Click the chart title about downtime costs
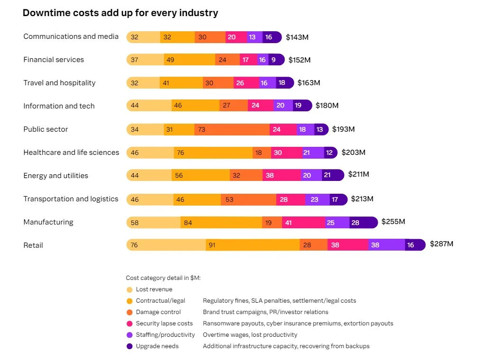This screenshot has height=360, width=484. coord(120,13)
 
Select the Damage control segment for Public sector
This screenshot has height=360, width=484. coord(232,129)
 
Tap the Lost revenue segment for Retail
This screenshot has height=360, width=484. coord(166,245)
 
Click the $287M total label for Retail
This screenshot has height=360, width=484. coord(441,244)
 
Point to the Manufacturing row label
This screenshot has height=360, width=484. coord(48,222)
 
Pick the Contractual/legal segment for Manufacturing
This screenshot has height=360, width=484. coord(221,222)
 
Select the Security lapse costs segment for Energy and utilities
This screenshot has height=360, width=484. coord(282,175)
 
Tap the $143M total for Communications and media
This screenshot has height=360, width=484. coord(297,37)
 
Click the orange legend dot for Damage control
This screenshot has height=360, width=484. coord(129,312)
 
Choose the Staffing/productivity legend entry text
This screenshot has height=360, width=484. coord(165,335)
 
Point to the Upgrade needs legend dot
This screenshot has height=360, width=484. coord(129,346)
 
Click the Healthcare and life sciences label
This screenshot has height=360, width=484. coord(71,153)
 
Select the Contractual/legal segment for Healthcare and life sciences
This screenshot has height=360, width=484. coord(213,153)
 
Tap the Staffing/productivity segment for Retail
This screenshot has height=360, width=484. coord(386,245)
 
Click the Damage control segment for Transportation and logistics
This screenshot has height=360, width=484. coord(248,199)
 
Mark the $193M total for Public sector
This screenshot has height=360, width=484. coord(343,129)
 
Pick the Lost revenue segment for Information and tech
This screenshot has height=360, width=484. coord(149,106)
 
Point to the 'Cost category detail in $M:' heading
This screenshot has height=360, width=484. coord(163,278)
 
